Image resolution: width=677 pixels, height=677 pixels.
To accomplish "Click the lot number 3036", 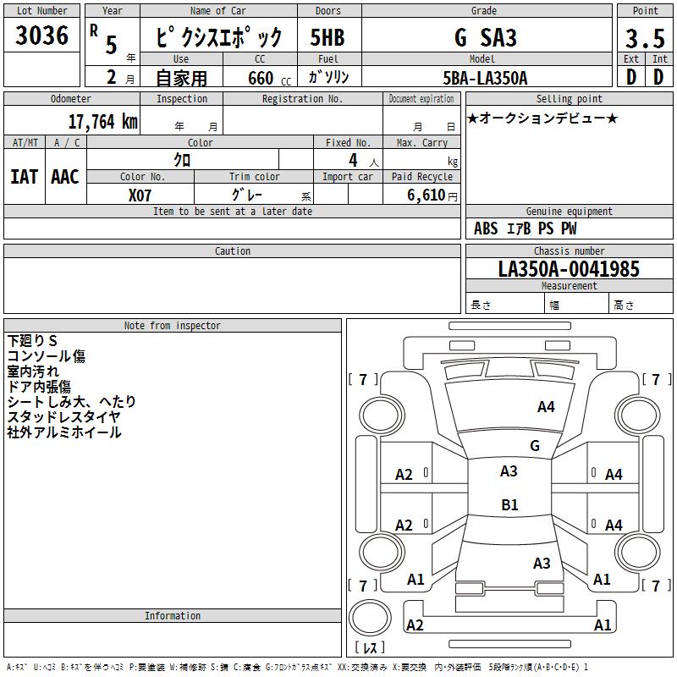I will click(x=42, y=36).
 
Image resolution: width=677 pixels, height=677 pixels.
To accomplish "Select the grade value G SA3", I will click(x=485, y=37).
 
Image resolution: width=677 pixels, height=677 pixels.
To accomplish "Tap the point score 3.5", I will click(x=645, y=39).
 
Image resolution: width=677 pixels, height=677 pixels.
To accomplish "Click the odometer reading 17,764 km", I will click(x=102, y=122).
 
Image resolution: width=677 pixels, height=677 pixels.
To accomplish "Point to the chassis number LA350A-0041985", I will click(x=569, y=269).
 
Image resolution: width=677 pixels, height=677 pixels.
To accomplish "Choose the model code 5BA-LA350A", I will click(x=485, y=78).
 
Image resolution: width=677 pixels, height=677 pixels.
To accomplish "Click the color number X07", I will click(x=140, y=195).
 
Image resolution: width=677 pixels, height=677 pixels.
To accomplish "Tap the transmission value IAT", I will click(x=24, y=176).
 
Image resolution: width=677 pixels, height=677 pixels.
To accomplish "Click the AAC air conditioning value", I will click(x=65, y=176).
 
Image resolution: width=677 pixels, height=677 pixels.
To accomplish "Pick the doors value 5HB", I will click(x=327, y=37).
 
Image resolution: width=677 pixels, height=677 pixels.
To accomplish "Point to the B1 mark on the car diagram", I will click(x=509, y=505).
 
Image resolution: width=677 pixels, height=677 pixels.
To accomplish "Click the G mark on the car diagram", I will click(x=535, y=446).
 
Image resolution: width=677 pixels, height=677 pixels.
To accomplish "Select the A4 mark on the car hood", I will click(x=546, y=407).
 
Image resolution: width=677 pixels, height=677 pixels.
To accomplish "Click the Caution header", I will click(x=233, y=251).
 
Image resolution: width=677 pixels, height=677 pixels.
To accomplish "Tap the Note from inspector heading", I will click(x=172, y=326).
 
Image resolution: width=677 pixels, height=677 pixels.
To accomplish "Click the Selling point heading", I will click(x=570, y=99).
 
